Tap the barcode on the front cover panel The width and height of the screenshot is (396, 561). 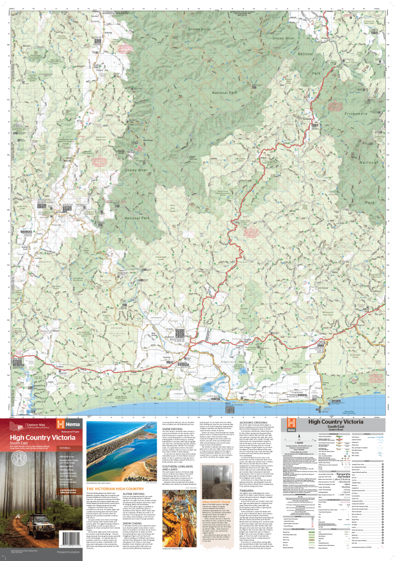18,548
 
